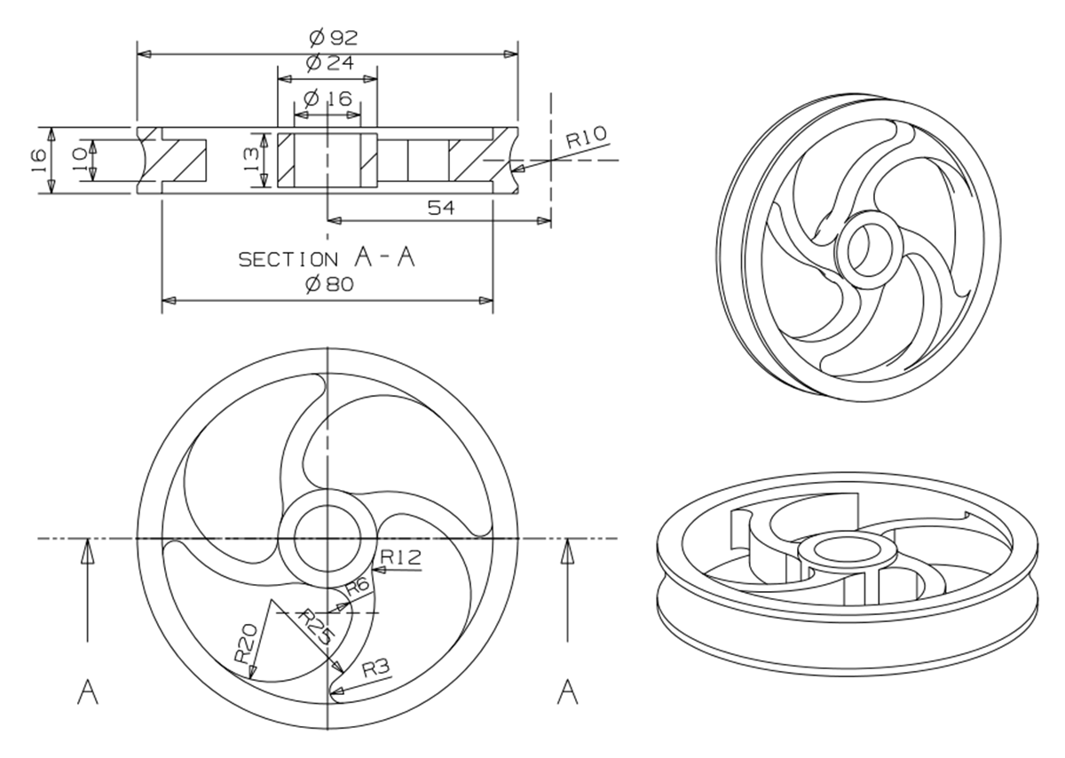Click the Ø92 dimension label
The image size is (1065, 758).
tap(327, 37)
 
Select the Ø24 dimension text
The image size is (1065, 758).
tap(327, 64)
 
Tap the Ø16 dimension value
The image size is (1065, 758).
tap(327, 99)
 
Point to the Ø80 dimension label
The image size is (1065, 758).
tap(327, 284)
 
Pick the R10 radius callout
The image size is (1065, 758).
tap(587, 136)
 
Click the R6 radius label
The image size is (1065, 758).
tap(357, 586)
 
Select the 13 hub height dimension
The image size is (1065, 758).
tap(251, 160)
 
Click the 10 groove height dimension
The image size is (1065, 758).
tap(79, 160)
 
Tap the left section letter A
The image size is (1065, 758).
tap(87, 691)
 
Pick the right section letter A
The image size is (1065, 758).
tap(567, 691)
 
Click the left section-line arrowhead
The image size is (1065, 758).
tap(87, 552)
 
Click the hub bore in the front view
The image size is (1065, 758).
tap(327, 537)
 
